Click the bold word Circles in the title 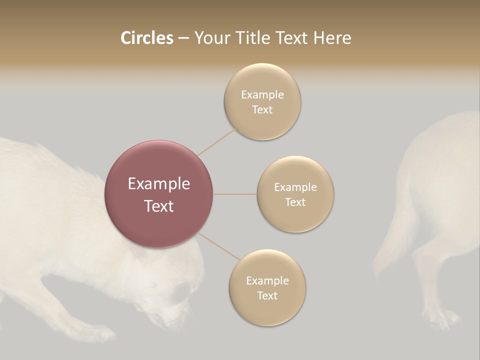tap(146, 38)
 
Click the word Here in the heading tap(332, 38)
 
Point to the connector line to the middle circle tap(235, 194)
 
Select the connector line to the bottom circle tap(219, 246)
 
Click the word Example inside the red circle tap(159, 184)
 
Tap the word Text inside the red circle tap(159, 206)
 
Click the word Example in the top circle tap(262, 95)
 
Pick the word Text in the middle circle tap(295, 202)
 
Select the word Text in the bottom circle tap(267, 296)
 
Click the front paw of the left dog tap(100, 332)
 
